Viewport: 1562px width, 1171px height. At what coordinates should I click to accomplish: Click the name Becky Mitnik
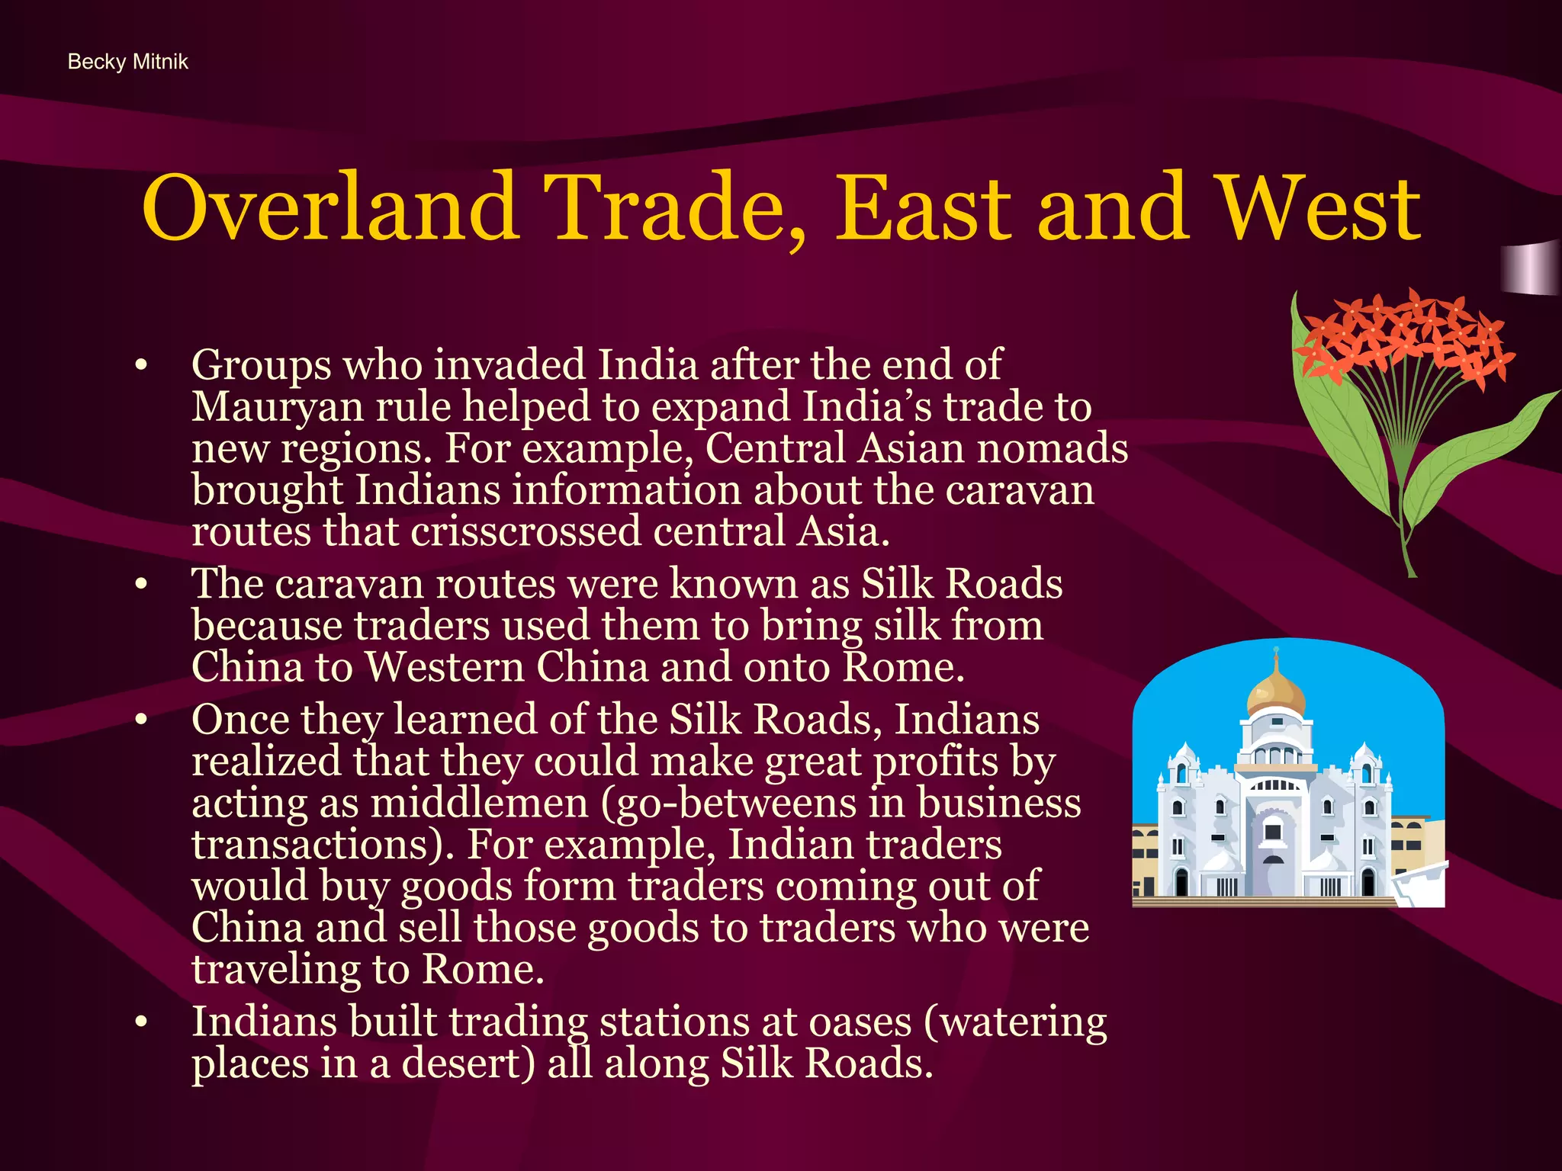click(x=127, y=62)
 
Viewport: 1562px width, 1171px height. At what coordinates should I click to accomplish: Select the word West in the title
click(x=1319, y=207)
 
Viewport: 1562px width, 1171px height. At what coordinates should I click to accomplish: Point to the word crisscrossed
click(x=525, y=531)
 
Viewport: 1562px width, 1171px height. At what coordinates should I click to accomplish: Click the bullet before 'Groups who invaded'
click(x=140, y=366)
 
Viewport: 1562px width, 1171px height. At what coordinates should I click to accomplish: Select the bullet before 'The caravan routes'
click(x=140, y=585)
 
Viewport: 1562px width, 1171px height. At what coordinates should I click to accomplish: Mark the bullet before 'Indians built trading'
click(x=140, y=1022)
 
